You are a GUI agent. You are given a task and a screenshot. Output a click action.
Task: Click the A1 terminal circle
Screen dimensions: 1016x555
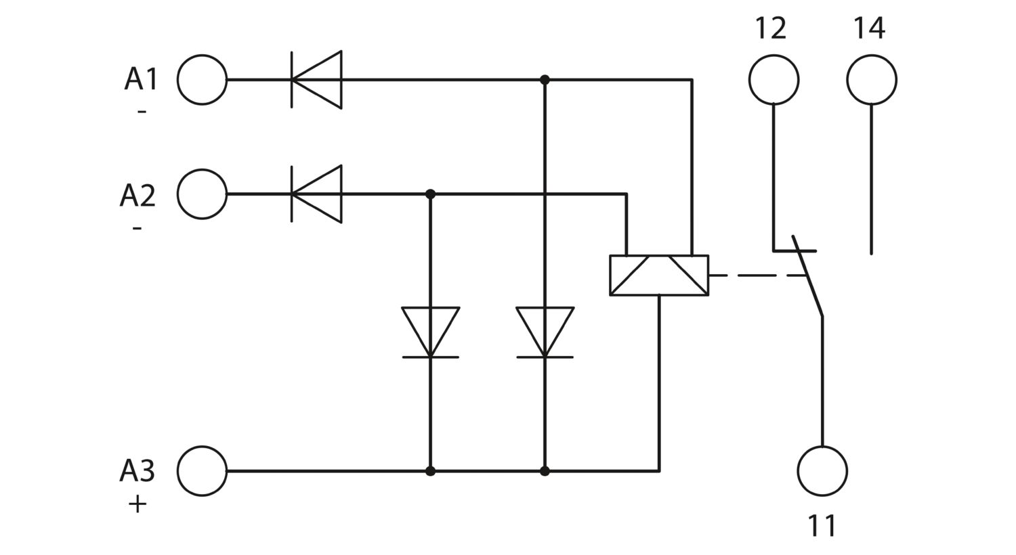pyautogui.click(x=202, y=55)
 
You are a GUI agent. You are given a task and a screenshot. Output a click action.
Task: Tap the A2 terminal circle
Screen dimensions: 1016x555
pyautogui.click(x=202, y=169)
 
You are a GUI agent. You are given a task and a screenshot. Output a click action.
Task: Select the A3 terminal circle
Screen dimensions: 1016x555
pyautogui.click(x=202, y=446)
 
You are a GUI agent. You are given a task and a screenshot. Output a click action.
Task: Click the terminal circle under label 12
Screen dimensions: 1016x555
pyautogui.click(x=774, y=55)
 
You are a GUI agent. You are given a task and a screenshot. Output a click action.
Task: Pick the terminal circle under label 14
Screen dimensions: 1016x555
pyautogui.click(x=871, y=55)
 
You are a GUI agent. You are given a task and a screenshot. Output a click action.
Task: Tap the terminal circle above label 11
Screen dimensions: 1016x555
pyautogui.click(x=822, y=446)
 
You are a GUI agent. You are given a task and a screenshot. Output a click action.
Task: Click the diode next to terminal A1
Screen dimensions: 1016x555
pyautogui.click(x=316, y=80)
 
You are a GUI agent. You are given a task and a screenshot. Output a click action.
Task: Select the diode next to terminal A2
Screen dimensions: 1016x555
pyautogui.click(x=316, y=194)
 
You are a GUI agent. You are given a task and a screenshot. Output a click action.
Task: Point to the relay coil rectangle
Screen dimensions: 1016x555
pyautogui.click(x=659, y=256)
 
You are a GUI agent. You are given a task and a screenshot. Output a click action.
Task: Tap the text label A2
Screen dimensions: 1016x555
pyautogui.click(x=137, y=196)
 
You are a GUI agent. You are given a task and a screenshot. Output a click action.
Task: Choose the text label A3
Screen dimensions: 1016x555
pyautogui.click(x=137, y=470)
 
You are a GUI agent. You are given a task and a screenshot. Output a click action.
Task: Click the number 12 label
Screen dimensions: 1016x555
pyautogui.click(x=771, y=28)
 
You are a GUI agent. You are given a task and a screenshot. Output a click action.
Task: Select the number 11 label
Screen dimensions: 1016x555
pyautogui.click(x=822, y=525)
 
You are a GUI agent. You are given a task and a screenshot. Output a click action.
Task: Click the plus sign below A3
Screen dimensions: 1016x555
pyautogui.click(x=137, y=504)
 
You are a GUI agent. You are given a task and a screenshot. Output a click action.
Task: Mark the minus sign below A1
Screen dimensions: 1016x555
pyautogui.click(x=142, y=112)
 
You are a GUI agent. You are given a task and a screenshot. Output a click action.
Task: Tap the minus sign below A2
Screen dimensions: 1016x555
pyautogui.click(x=137, y=227)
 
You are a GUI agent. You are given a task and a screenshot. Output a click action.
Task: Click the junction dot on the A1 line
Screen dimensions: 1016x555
pyautogui.click(x=545, y=80)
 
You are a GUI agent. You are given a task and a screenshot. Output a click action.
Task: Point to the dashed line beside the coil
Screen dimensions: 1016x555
pyautogui.click(x=757, y=275)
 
